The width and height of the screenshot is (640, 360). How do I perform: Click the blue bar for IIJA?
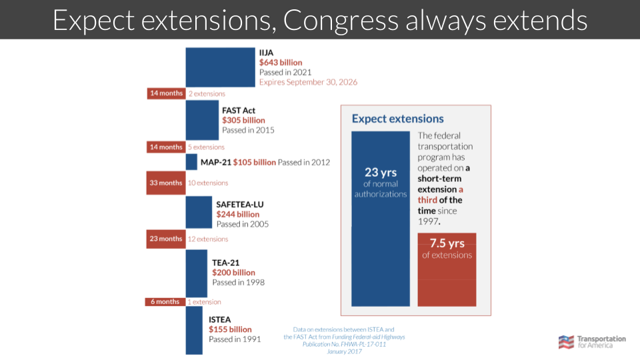[220, 67]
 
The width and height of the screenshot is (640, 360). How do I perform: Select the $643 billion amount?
[281, 62]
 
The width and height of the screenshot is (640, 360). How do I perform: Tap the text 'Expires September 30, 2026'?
[308, 82]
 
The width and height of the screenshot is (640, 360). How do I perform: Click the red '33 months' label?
[165, 183]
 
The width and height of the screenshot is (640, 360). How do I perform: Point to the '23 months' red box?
[165, 239]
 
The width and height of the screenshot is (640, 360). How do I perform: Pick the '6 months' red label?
[165, 301]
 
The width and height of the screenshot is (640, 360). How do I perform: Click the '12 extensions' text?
[208, 239]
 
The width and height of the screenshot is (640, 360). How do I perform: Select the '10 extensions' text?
[208, 183]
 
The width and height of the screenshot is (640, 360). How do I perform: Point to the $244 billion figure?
[238, 214]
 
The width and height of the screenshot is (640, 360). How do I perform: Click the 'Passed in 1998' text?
[238, 282]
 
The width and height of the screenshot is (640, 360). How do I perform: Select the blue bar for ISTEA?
[193, 330]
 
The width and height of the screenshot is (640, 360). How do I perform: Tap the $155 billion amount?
[230, 329]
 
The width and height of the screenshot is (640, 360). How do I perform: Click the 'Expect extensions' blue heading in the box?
[397, 119]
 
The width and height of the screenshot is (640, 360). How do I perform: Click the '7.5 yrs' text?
[447, 243]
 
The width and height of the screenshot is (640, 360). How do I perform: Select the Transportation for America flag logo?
[566, 342]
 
